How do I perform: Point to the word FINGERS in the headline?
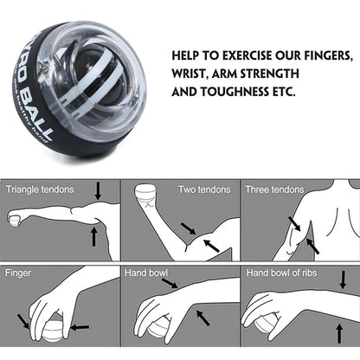328,55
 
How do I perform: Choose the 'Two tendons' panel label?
204,189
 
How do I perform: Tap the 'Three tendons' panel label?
274,189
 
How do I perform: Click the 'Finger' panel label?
19,272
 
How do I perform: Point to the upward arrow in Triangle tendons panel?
93,235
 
